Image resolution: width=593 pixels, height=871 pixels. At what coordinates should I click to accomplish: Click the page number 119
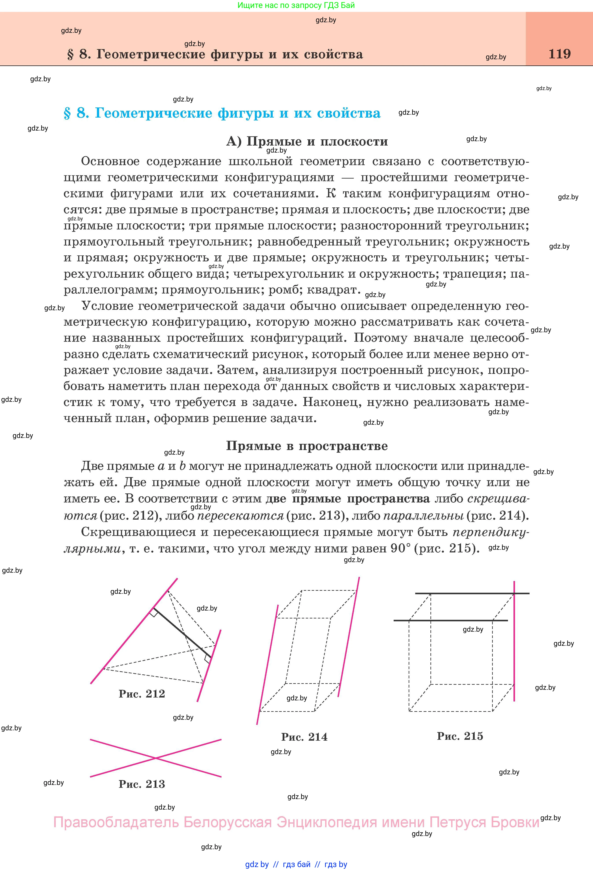(559, 54)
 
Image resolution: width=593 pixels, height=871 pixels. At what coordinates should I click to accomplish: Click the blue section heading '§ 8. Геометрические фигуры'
(222, 113)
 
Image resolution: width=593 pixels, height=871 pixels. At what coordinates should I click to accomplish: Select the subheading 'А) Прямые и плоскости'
(307, 141)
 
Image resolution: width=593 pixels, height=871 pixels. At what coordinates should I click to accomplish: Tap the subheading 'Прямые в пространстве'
(307, 446)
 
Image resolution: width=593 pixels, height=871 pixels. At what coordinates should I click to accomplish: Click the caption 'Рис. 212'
(142, 694)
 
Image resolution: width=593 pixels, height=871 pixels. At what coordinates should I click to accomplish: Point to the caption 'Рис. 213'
(142, 784)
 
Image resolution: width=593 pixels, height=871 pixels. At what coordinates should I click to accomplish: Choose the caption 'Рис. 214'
(304, 737)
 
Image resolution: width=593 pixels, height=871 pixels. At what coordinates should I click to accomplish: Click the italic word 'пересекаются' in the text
(240, 516)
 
